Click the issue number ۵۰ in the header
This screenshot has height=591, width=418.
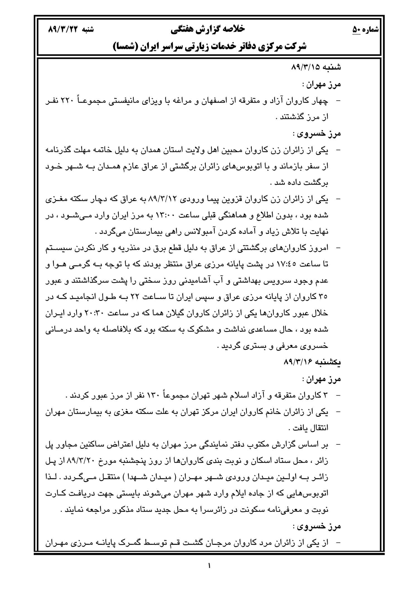(356, 29)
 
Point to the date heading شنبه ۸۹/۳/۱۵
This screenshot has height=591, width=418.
(316, 67)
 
